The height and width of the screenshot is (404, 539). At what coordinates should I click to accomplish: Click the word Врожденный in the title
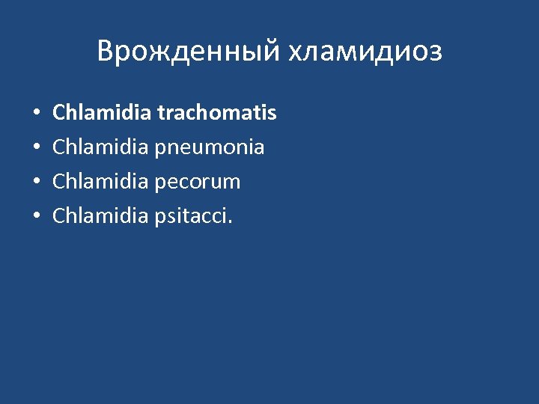tap(188, 52)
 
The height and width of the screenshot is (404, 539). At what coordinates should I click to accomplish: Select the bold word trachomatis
tap(216, 113)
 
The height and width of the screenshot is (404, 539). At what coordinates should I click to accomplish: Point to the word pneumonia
tap(210, 148)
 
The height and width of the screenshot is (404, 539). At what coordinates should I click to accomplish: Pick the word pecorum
tap(198, 182)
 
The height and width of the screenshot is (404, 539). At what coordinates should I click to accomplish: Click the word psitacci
tap(192, 217)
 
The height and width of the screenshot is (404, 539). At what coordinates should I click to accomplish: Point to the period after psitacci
tap(231, 222)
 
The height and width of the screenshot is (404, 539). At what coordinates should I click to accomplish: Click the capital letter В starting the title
tap(105, 52)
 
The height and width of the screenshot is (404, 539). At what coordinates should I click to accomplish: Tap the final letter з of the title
tap(436, 54)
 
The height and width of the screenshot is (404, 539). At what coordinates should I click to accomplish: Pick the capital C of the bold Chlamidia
tap(58, 113)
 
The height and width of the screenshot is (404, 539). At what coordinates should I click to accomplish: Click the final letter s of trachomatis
tap(272, 114)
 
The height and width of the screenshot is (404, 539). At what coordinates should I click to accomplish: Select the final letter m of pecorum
tap(233, 183)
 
